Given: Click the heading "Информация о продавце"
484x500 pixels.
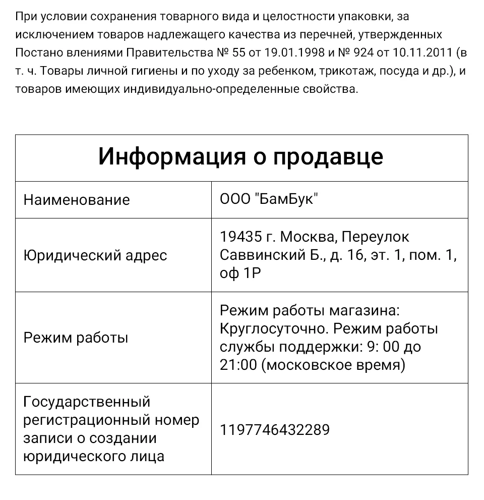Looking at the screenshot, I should pos(241,157).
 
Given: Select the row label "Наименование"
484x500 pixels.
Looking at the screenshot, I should pos(77,200).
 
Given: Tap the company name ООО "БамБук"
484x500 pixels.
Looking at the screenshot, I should pos(269,199).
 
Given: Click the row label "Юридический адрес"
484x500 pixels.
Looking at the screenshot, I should pos(95,255).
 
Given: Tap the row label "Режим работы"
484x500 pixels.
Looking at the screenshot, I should pos(76,338).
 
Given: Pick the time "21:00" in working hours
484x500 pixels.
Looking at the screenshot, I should pos(238,365).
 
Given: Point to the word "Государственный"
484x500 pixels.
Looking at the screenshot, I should pos(87,402).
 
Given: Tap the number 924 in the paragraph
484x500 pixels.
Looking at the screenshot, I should pos(369,52).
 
